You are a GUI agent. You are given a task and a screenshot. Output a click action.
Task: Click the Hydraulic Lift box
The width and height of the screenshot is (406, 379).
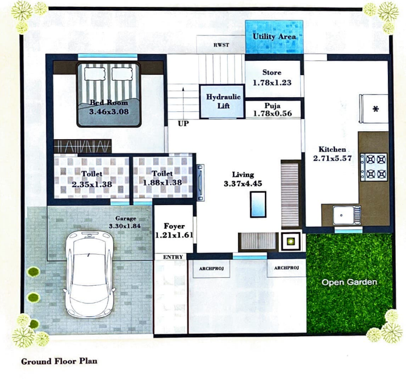pos(223,102)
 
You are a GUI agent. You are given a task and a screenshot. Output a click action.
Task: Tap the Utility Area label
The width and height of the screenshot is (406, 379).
pos(274,37)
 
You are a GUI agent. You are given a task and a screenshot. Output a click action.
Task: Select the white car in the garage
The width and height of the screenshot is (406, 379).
pos(91,273)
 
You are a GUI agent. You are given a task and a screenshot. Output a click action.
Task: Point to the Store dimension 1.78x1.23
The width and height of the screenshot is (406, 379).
pos(272,83)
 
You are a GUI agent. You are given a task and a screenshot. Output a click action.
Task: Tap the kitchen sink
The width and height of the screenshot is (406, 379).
pos(343,214)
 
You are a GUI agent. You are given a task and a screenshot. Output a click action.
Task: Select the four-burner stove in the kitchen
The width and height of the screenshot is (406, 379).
pos(374,166)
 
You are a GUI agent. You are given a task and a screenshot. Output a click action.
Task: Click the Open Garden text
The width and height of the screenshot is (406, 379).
pos(349,282)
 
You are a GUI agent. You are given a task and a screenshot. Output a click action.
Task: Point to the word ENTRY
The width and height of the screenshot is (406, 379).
pos(173,257)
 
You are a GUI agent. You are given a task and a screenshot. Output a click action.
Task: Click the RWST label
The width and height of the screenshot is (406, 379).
pos(221,45)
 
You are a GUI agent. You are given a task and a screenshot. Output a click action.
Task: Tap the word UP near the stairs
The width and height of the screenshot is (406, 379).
pos(183,123)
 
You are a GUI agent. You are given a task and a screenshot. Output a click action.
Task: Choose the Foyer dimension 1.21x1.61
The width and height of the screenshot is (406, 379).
pos(174,235)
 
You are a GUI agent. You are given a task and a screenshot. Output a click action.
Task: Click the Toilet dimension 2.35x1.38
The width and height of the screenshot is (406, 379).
pos(91,184)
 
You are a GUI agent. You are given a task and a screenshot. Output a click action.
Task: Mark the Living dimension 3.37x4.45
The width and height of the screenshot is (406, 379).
pos(243,184)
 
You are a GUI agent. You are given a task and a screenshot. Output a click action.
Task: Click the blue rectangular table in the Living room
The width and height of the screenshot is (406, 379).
pos(258,205)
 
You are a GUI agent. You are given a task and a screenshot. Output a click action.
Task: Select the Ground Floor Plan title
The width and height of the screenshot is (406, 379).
pos(59,361)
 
